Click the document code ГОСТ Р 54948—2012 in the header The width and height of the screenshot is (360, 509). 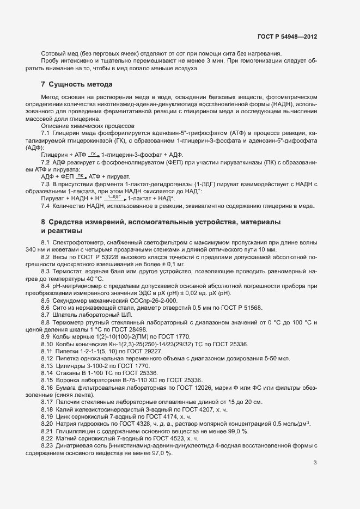287,36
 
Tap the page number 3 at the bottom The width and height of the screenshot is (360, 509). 315,463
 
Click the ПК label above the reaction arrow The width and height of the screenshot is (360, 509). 81,176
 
